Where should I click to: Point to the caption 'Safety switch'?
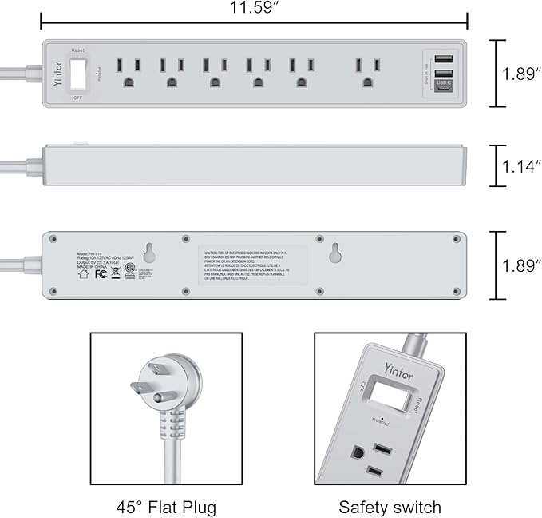(390, 507)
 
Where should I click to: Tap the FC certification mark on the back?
(101, 273)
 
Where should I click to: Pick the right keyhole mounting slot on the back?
(334, 250)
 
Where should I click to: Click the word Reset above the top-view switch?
(77, 49)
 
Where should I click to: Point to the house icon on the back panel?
(82, 273)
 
